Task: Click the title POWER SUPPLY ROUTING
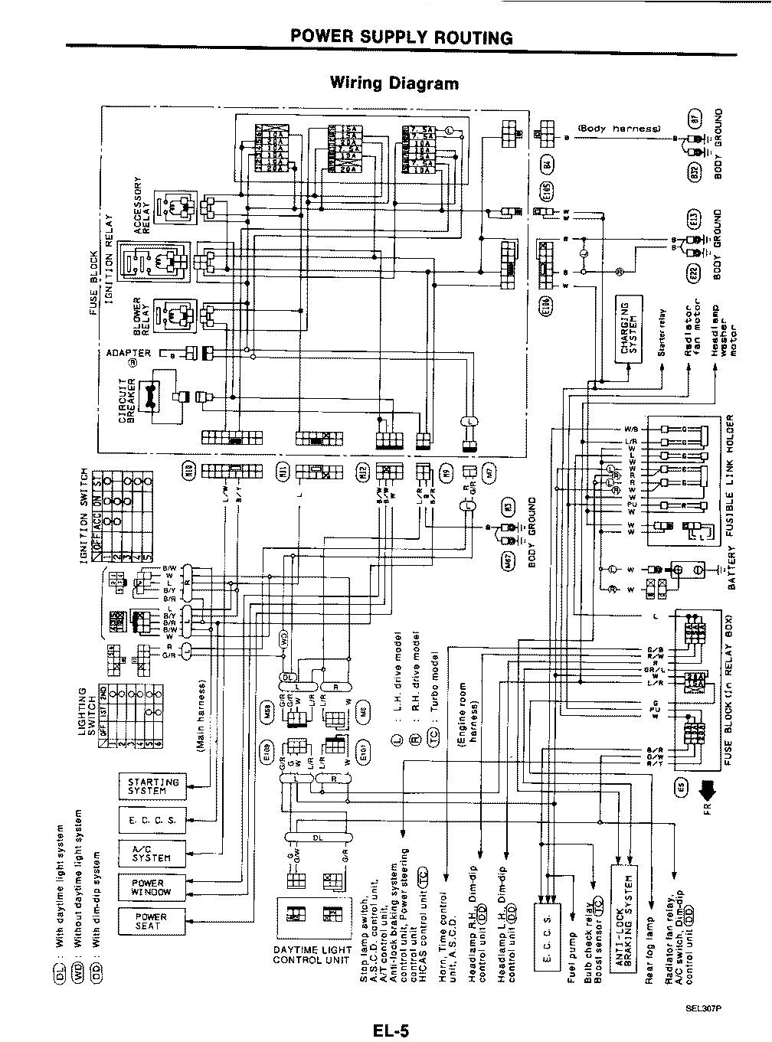(x=401, y=38)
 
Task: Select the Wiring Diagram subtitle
(x=394, y=83)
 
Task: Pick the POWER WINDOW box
(x=148, y=887)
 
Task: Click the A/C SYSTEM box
(x=148, y=853)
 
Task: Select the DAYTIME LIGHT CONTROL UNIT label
(x=312, y=955)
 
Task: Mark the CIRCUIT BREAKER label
(x=126, y=399)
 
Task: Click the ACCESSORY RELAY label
(x=139, y=205)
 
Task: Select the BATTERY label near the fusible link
(x=730, y=568)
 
